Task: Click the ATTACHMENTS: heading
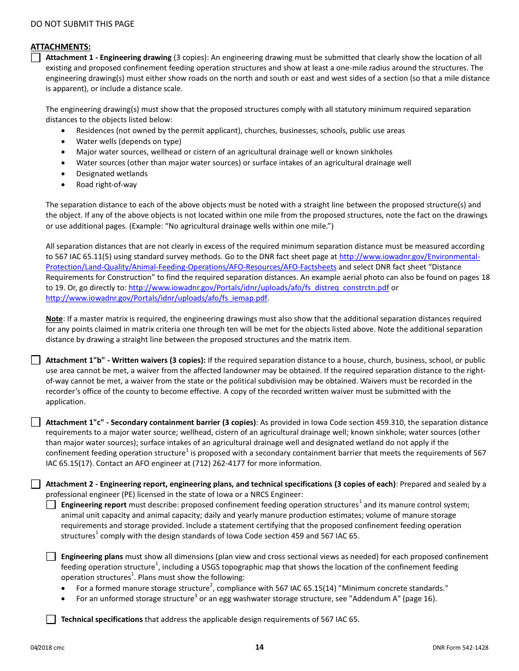click(60, 47)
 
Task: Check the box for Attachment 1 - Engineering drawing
click(36, 58)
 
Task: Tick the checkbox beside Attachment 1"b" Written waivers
click(36, 360)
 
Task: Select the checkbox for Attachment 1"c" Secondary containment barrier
click(36, 422)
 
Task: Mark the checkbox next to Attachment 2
click(36, 484)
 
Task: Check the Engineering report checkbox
click(51, 505)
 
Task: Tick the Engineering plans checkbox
click(51, 556)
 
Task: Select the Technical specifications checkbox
click(51, 619)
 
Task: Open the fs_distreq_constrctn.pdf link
click(258, 288)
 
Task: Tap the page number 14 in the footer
click(259, 648)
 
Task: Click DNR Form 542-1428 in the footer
click(460, 648)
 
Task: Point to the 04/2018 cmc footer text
click(48, 648)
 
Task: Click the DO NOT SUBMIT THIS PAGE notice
click(82, 24)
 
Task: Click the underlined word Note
click(54, 319)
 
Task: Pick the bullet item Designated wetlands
click(111, 174)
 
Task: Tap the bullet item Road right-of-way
click(107, 185)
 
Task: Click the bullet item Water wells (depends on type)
click(128, 142)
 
